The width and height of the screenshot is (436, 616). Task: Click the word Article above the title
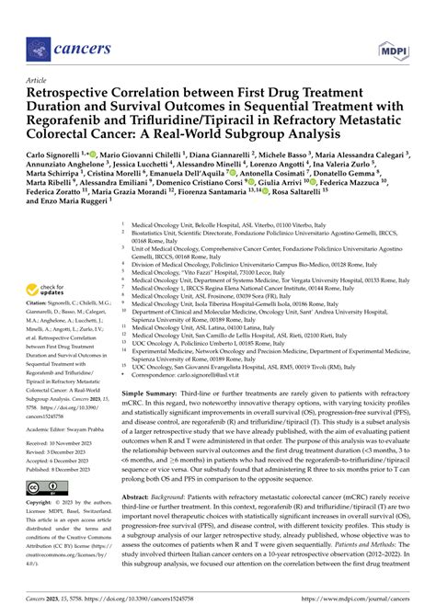click(x=41, y=80)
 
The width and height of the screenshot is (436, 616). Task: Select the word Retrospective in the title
click(x=79, y=92)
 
